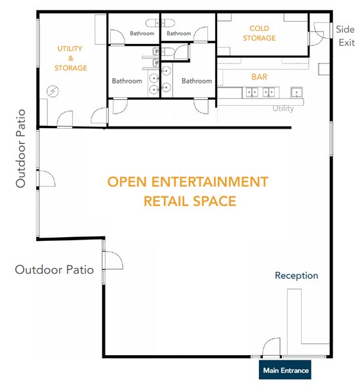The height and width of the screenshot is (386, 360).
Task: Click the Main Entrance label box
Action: point(285,370)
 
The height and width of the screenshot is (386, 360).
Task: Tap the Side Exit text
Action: point(346,36)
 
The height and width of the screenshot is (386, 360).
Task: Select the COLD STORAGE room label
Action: point(259,33)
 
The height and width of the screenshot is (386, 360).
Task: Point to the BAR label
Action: point(259,77)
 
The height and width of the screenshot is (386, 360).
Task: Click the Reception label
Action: point(296,276)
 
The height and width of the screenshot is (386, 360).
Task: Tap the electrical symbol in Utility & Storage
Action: point(52,91)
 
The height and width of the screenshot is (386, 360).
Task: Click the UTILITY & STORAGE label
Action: point(71,58)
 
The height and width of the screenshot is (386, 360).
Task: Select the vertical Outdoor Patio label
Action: point(21,148)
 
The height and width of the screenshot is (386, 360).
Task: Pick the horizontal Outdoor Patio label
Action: point(54,270)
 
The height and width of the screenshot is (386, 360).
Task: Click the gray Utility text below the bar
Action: point(283,108)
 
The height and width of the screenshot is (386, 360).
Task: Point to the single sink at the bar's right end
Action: point(296,93)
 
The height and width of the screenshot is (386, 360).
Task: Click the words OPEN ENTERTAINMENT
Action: point(188,182)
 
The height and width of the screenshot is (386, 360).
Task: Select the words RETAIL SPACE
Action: point(190,201)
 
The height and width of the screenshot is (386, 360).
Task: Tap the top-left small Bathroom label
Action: point(142,33)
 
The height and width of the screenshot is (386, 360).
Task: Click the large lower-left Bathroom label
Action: point(127,81)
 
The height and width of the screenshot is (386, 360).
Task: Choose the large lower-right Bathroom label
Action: point(197,81)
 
